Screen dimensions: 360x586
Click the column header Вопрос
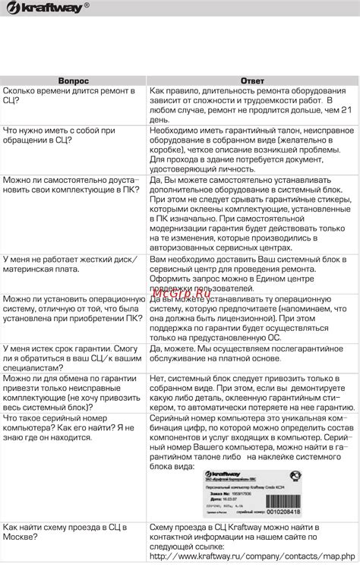(74, 80)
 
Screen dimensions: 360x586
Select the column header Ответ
(252, 80)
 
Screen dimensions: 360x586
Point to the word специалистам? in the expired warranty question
(36, 367)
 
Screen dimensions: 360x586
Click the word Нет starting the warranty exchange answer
(158, 378)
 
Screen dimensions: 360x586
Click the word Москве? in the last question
(24, 536)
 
